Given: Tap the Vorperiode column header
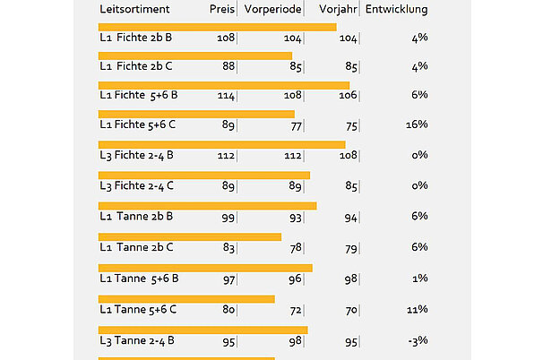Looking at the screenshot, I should [x=272, y=10].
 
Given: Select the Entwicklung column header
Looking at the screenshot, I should [x=396, y=10].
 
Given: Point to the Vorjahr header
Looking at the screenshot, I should [x=337, y=10].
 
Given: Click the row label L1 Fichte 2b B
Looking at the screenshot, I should [x=136, y=39].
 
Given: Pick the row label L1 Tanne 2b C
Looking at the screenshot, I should [x=136, y=247].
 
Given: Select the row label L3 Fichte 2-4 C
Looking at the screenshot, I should [x=136, y=186].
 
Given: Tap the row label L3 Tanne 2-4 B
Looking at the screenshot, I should [x=136, y=340].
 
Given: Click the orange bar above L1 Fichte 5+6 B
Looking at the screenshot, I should [x=223, y=85].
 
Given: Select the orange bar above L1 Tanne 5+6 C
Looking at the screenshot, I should [x=185, y=299].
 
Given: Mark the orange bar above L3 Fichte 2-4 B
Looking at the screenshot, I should [x=221, y=145].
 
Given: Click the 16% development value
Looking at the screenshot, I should [x=417, y=124].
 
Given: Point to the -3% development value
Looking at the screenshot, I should [x=418, y=340].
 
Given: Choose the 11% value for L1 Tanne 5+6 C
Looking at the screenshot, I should [x=418, y=310].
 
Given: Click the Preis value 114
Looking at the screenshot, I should [x=226, y=95].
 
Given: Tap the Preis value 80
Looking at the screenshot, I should [x=228, y=310].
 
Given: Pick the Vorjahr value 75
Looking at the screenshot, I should [x=351, y=125].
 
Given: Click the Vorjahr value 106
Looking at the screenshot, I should [x=349, y=95].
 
